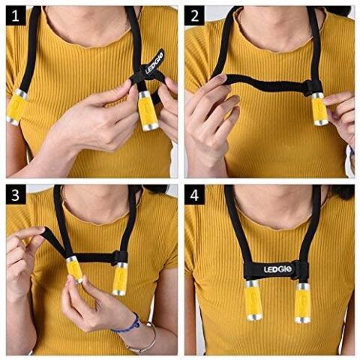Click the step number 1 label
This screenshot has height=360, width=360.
16,16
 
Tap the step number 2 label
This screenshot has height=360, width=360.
194,16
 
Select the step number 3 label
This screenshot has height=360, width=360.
16,194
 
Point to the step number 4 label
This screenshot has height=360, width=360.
194,194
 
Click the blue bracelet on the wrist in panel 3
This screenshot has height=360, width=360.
127,324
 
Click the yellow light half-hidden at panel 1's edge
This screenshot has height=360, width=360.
16,107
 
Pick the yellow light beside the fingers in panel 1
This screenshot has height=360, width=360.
148,111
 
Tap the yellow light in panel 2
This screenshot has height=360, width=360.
320,109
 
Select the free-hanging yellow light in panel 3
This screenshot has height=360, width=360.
120,279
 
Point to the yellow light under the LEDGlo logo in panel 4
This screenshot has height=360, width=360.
253,301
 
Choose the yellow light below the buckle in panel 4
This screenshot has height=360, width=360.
303,303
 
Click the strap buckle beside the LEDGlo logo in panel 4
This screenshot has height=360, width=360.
300,271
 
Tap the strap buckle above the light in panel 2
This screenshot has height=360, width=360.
311,88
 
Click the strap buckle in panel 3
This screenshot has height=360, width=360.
121,256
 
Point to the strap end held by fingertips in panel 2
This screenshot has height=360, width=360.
220,77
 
